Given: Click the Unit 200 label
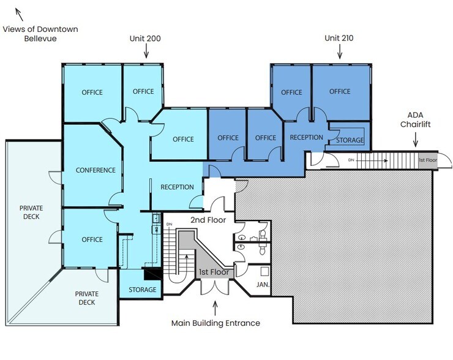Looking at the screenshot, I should [145, 38].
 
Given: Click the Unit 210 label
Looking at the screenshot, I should [339, 38].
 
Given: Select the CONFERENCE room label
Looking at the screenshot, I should [95, 170].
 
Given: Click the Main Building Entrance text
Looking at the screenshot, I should [215, 323].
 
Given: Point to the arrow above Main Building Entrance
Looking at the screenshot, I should [215, 306].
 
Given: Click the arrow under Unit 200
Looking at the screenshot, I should [145, 53].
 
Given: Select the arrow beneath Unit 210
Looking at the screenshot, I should [339, 53].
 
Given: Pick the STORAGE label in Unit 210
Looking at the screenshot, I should [350, 140].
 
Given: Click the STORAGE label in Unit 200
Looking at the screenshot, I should [142, 290].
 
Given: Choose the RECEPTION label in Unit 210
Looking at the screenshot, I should [306, 137].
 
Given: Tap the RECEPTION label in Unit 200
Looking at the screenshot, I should [177, 187].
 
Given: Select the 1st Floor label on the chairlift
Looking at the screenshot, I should [428, 160].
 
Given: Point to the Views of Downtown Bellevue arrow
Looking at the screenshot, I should [18, 13].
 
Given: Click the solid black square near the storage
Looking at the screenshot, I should [149, 274].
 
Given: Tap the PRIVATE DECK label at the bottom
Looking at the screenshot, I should [86, 298].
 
